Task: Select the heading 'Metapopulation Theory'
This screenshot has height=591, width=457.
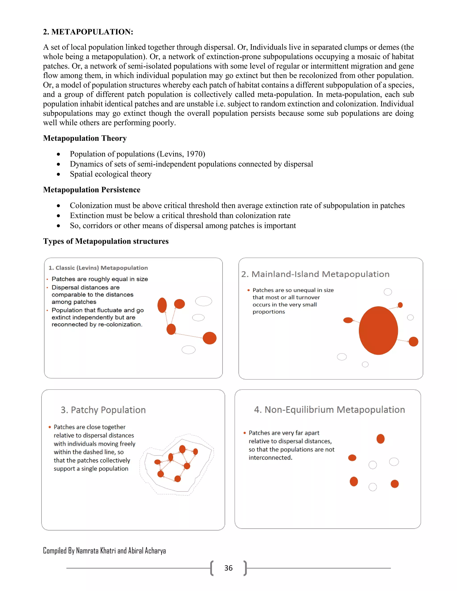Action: tap(85, 138)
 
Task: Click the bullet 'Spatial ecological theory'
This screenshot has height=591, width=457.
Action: tap(110, 174)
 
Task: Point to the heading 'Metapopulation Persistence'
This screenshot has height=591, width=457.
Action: tap(91, 190)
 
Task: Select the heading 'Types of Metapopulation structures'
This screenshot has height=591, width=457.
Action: tap(106, 241)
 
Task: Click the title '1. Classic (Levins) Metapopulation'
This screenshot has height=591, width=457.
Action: tap(98, 268)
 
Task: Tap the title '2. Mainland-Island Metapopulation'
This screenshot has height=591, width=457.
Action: tap(315, 274)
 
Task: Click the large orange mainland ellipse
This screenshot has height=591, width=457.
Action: tap(378, 331)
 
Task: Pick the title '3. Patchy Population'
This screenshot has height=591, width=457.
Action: tap(103, 410)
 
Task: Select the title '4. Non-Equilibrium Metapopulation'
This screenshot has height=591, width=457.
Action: tap(329, 410)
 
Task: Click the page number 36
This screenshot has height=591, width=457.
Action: tap(228, 568)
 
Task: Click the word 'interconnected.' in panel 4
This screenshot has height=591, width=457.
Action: tap(270, 458)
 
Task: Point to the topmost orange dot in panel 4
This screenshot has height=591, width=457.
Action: tap(380, 439)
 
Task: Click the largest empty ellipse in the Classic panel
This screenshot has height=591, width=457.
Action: tap(203, 301)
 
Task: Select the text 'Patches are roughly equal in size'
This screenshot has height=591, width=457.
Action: tap(100, 279)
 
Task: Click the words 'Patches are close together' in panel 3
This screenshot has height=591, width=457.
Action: tap(89, 427)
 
